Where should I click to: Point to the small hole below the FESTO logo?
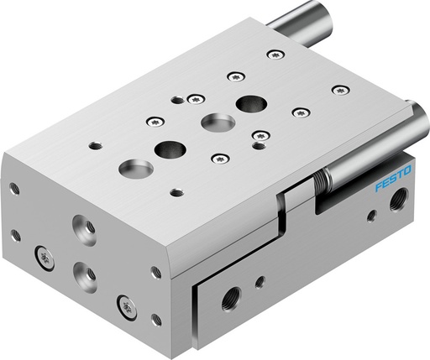(x=371, y=216)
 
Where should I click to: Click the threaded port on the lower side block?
(x=231, y=295)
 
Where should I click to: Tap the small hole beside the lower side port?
(x=260, y=281)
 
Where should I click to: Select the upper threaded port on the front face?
(x=83, y=227)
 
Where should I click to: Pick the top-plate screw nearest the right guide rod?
(x=339, y=89)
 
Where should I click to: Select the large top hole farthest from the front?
(x=248, y=104)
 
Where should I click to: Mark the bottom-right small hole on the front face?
(x=156, y=319)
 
